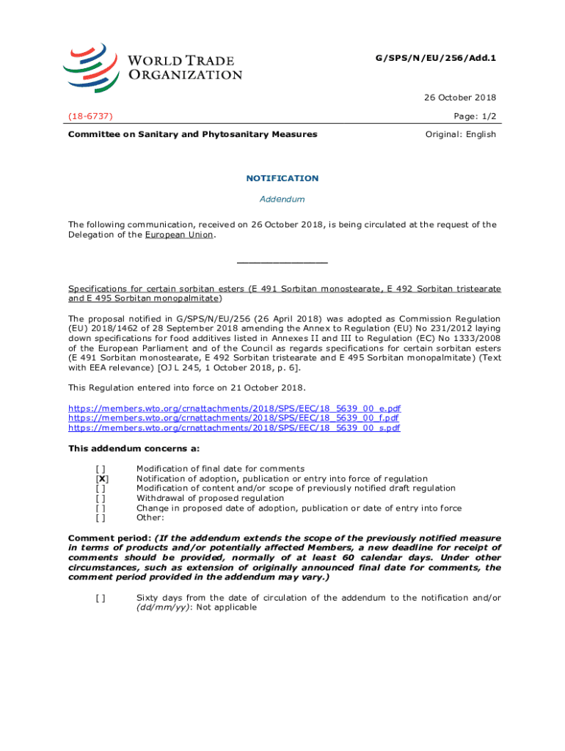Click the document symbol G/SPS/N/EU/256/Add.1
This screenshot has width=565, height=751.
(446, 56)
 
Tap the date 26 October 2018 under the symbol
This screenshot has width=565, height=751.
(464, 98)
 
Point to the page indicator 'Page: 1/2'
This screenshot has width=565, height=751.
(475, 116)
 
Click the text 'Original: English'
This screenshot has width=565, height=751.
(461, 134)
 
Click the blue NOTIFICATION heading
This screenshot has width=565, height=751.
(282, 178)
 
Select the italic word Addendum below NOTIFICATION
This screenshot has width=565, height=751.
(282, 199)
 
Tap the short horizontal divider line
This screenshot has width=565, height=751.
(282, 263)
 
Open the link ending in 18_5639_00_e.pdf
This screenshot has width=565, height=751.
(234, 408)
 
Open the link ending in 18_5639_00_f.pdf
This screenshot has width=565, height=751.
(234, 417)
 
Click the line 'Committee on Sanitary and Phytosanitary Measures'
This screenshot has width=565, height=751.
(192, 134)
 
